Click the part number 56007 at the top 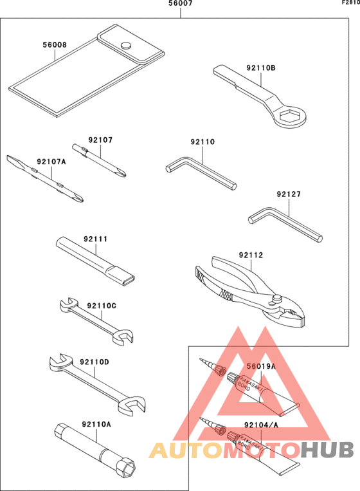click(x=181, y=4)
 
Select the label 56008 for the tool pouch click(x=55, y=46)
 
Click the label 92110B click(x=260, y=67)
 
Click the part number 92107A click(x=51, y=162)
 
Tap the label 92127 click(x=289, y=194)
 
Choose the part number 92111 click(x=95, y=239)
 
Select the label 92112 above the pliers click(x=251, y=255)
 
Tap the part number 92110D click(x=94, y=362)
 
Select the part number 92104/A click(x=261, y=425)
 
